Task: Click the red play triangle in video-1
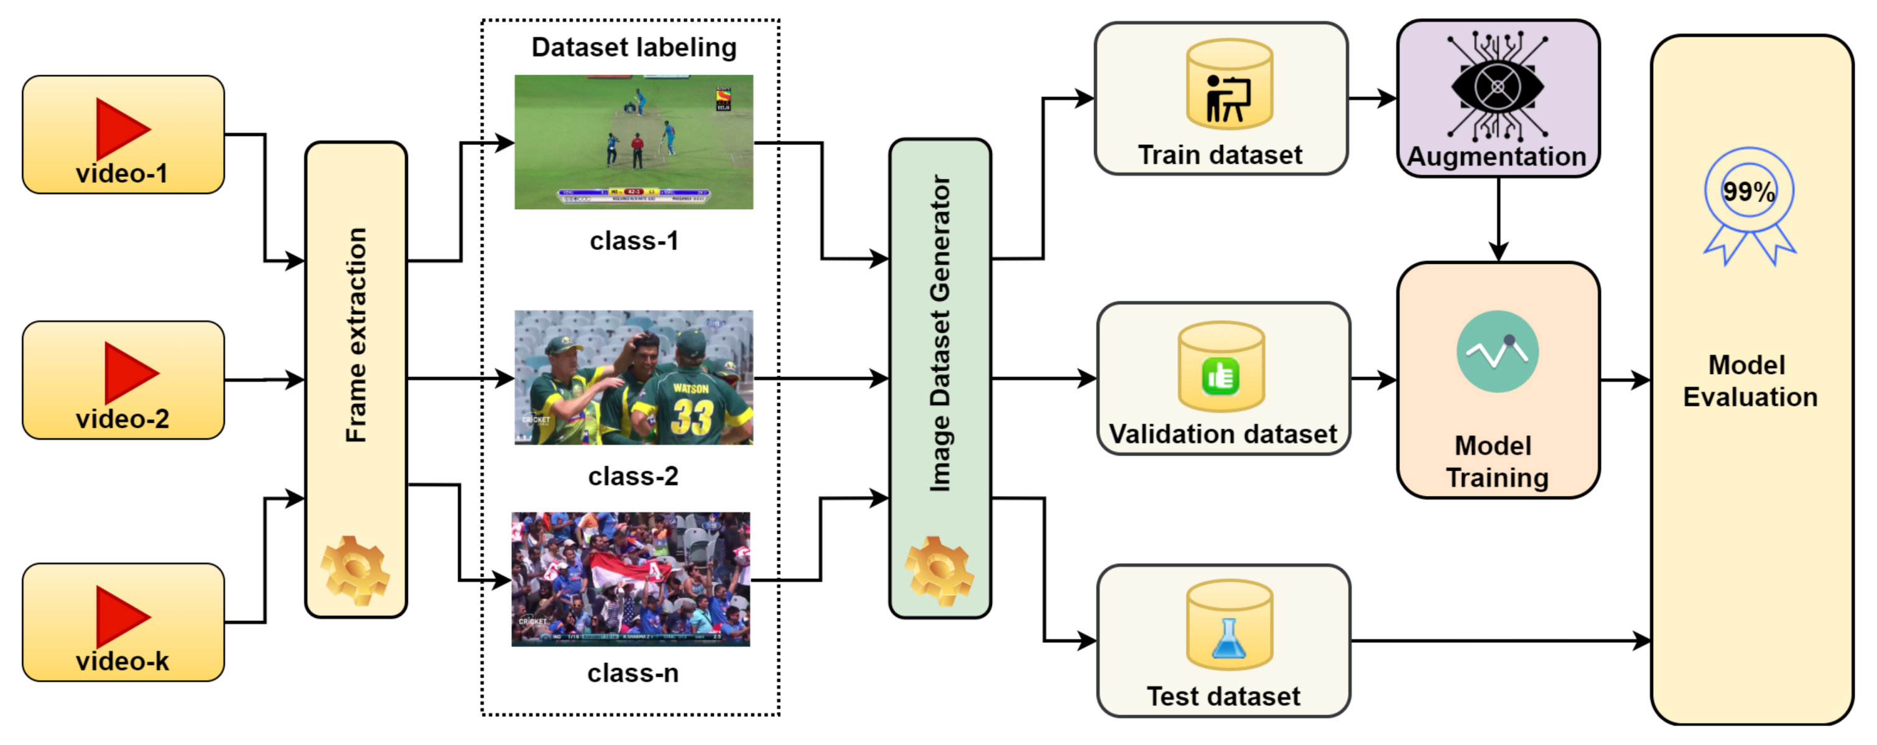click(119, 129)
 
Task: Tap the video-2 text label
click(123, 419)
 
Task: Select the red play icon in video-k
click(119, 617)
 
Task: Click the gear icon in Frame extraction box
click(355, 570)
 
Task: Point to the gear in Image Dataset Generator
click(939, 571)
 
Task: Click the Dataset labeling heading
click(633, 47)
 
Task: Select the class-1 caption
click(634, 241)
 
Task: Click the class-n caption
click(633, 673)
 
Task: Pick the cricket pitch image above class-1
click(633, 142)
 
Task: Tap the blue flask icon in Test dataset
click(1228, 639)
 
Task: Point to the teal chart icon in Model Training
click(1498, 352)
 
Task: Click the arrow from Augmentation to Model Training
click(1498, 218)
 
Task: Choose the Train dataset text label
click(1220, 155)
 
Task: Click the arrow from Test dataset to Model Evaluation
click(1501, 641)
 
